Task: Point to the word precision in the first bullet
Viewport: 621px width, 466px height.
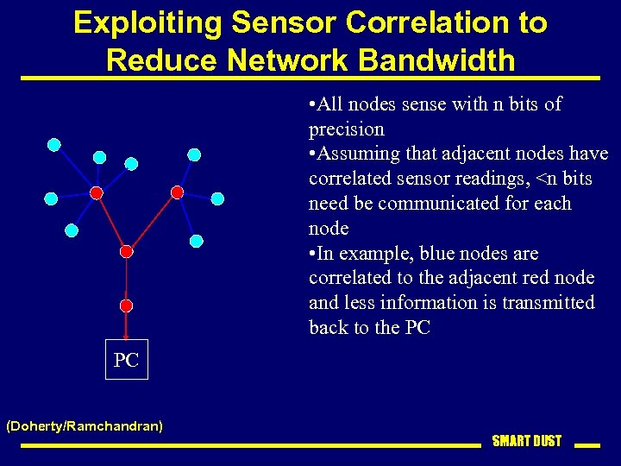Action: (346, 129)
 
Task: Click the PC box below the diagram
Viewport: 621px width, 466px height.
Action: (126, 360)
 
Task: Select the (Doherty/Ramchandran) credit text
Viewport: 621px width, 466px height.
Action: (85, 425)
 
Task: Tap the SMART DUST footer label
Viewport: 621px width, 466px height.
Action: (526, 441)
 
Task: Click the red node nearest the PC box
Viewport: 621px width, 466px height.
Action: (126, 305)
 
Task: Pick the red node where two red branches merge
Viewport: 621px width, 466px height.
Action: (126, 251)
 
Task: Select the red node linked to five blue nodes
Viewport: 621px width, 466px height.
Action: (97, 192)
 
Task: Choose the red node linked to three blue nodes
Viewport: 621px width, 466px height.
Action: (177, 192)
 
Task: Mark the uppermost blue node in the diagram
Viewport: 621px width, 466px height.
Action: (54, 144)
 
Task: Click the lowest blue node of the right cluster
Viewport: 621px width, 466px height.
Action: (196, 240)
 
